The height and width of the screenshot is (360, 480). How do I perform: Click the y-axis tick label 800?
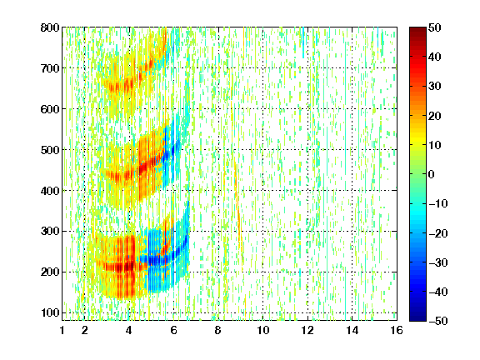pos(50,27)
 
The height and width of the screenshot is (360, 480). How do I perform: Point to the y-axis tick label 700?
pos(50,68)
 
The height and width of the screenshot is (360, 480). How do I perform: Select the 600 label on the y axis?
pos(50,109)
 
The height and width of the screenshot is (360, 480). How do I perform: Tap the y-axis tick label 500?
pos(50,150)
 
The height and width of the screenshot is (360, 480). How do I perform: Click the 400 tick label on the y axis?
pos(50,191)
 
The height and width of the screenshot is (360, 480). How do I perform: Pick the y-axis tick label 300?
pos(50,231)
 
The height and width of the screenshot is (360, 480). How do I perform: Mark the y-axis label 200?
pos(50,272)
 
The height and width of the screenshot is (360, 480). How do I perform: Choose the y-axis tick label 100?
pos(50,312)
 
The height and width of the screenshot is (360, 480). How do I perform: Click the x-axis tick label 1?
pos(62,330)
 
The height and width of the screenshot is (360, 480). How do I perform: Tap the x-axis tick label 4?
pos(129,330)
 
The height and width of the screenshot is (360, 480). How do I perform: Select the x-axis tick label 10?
pos(263,330)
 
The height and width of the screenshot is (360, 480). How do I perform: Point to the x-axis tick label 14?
pos(352,330)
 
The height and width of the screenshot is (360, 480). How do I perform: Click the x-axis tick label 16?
pos(397,330)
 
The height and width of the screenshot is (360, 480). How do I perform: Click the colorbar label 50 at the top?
pos(435,27)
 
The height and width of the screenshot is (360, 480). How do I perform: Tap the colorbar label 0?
pos(432,174)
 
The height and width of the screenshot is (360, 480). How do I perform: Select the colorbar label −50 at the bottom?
pos(438,321)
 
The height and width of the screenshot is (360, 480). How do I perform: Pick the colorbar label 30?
pos(435,87)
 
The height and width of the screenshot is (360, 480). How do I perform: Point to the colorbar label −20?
pos(438,233)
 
